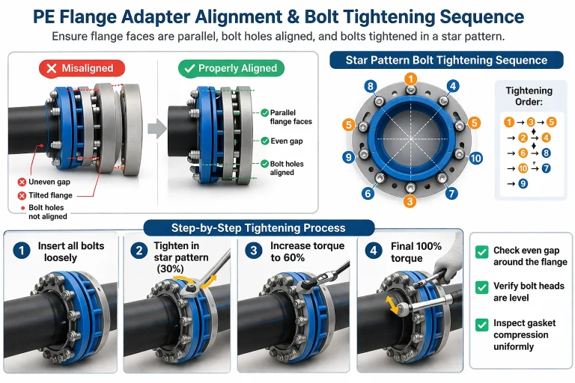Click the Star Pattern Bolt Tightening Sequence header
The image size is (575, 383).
[446, 61]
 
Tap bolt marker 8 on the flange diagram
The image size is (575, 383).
[370, 86]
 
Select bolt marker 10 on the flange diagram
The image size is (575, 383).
[476, 158]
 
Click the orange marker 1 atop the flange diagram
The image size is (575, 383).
[410, 79]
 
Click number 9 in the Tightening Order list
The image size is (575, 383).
[523, 183]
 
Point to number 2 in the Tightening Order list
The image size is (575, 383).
[523, 138]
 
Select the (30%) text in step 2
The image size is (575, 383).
[171, 269]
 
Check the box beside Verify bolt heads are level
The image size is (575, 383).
[481, 287]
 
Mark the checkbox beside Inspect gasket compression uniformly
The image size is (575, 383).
[481, 325]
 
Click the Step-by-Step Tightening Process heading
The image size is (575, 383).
[258, 227]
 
